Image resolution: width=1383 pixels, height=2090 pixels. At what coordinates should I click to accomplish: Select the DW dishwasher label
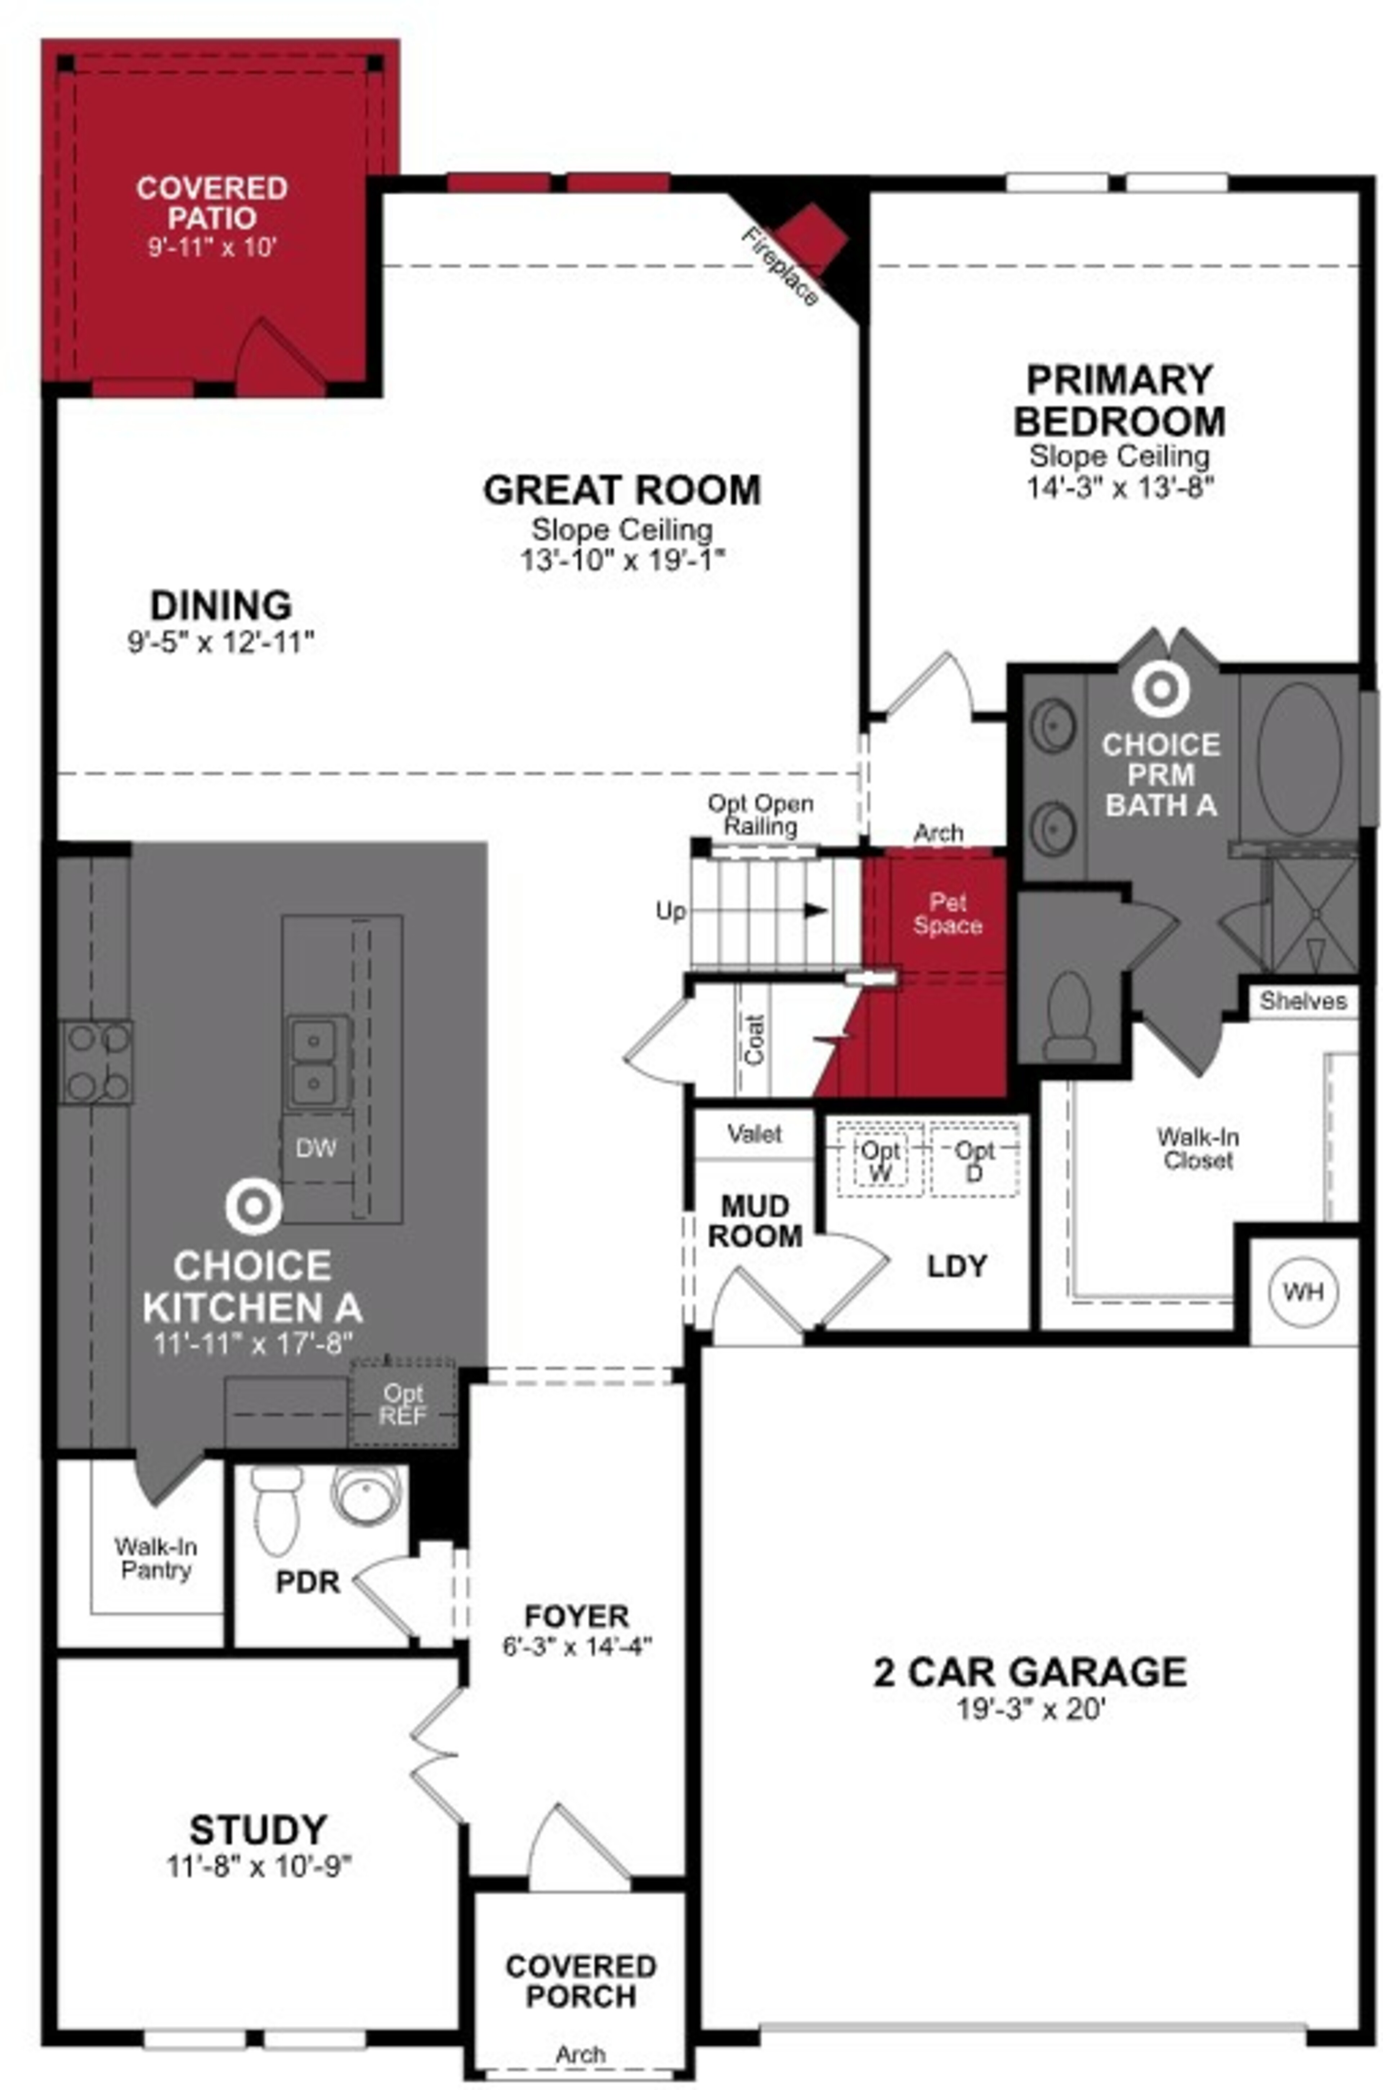point(316,1148)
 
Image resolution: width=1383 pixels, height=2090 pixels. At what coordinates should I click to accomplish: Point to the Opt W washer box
point(880,1160)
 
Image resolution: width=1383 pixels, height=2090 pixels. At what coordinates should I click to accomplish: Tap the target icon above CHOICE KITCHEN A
point(253,1207)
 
